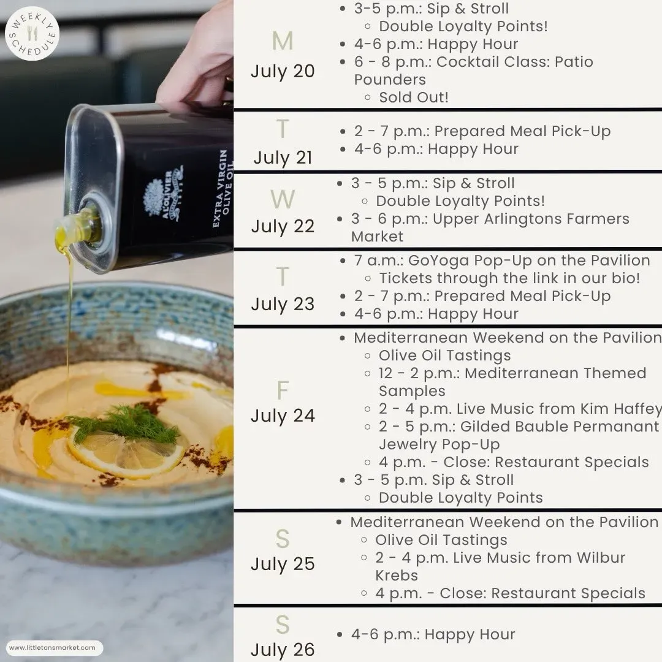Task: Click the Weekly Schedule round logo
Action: (x=32, y=33)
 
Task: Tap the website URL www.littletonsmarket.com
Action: (x=52, y=647)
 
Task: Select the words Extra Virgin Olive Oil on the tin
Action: (x=223, y=188)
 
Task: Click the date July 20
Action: (x=283, y=71)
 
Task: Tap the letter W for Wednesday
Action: (x=283, y=199)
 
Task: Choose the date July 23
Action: (x=283, y=304)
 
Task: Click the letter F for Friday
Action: (x=283, y=390)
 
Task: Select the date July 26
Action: (x=283, y=649)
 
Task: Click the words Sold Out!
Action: (x=413, y=97)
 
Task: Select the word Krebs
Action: (x=397, y=576)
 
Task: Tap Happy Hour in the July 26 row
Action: (x=470, y=634)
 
